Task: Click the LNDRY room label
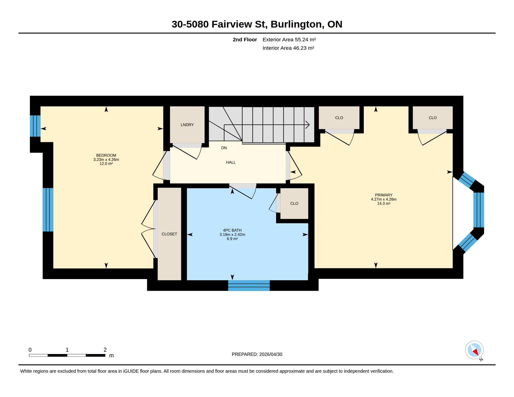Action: tap(187, 125)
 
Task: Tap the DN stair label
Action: tap(224, 148)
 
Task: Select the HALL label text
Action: tap(231, 162)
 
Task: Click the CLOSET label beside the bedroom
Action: tap(169, 234)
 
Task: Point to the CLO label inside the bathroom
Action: tap(294, 203)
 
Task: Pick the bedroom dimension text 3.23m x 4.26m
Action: tap(106, 159)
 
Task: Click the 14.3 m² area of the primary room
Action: tap(383, 203)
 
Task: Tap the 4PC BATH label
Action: tap(232, 230)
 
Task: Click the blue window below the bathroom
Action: tap(249, 286)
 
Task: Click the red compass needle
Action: tap(475, 352)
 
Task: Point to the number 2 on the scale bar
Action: tap(105, 350)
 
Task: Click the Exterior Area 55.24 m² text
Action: tap(289, 40)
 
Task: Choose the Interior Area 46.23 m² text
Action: tap(288, 48)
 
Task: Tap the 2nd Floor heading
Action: tap(245, 40)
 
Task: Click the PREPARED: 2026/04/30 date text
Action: tap(257, 354)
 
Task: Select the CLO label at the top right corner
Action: tap(433, 118)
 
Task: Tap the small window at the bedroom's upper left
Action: tap(35, 126)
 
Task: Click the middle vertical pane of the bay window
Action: tap(479, 210)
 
